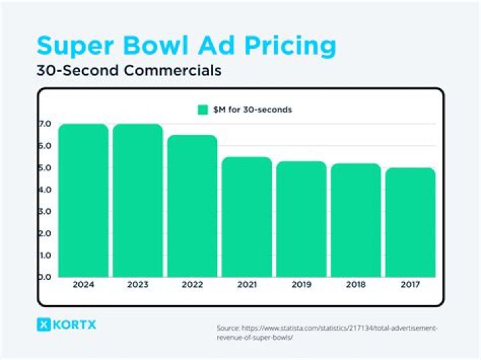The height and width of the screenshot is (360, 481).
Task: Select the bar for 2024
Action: pos(83,200)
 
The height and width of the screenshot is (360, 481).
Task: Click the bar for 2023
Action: pos(138,200)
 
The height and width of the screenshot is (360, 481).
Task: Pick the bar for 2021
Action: pos(247,217)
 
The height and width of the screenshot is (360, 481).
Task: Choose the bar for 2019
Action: pos(302,219)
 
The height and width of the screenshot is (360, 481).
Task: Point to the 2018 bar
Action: pos(356,220)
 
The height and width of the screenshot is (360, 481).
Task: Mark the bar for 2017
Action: pos(411,222)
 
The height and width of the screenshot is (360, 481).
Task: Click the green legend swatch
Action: pos(202,110)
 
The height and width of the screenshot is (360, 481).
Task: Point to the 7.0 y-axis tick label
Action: pos(45,124)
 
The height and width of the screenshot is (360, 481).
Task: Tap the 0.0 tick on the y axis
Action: pos(45,277)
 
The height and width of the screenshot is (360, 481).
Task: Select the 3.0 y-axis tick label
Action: pos(45,212)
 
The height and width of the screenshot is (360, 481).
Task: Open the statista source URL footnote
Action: pos(327,333)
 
